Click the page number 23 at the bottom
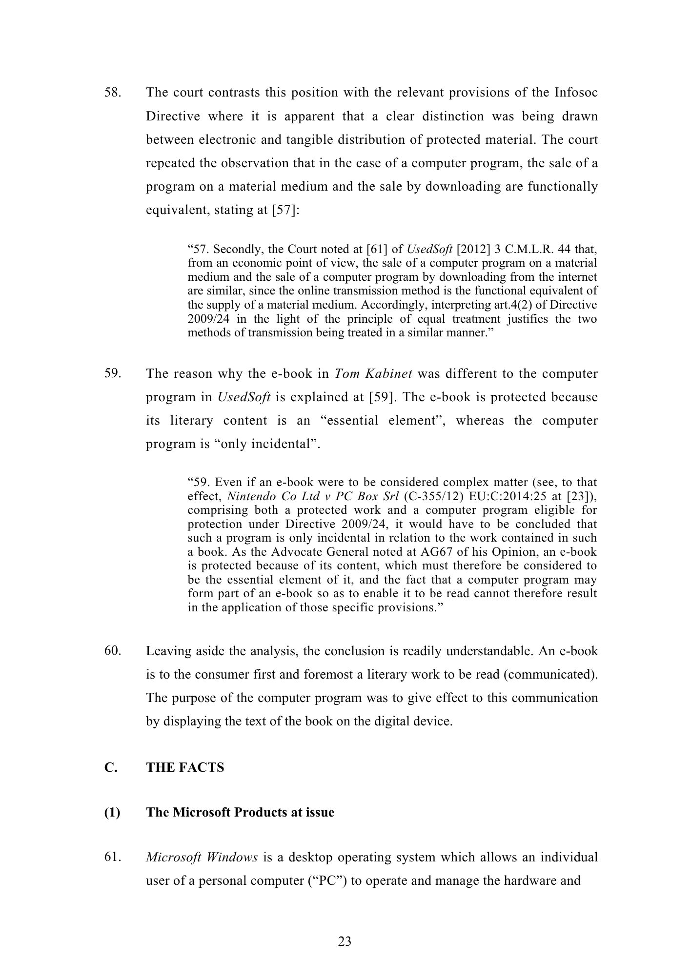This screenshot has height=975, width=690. pyautogui.click(x=345, y=941)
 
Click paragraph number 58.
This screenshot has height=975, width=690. pyautogui.click(x=112, y=93)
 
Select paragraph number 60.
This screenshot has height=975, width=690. pyautogui.click(x=112, y=651)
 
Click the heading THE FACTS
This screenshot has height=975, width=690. pyautogui.click(x=185, y=768)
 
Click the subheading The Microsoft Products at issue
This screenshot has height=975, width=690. pyautogui.click(x=240, y=813)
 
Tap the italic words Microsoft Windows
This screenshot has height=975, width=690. pyautogui.click(x=202, y=857)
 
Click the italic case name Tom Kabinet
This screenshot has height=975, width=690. pyautogui.click(x=373, y=374)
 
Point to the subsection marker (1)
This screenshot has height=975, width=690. pyautogui.click(x=112, y=813)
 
